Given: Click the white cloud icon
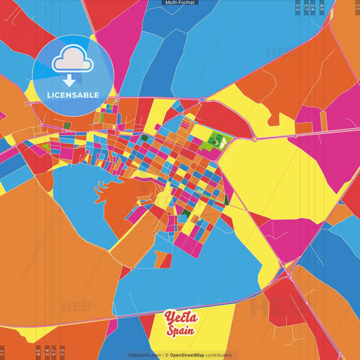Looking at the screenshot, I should click(70, 60).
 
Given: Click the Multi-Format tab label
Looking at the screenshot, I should click(180, 3).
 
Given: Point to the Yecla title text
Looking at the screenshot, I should click(180, 317).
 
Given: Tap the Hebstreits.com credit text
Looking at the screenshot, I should click(145, 355).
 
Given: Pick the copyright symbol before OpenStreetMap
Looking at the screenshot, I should click(166, 355).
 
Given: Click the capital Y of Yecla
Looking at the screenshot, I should click(169, 317).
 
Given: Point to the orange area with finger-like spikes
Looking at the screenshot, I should click(118, 196).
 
